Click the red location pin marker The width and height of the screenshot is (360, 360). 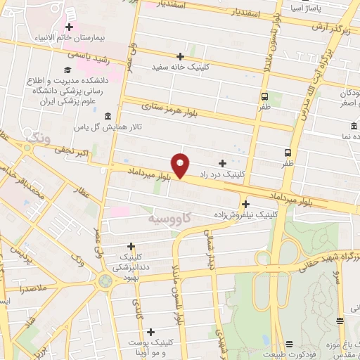[x=181, y=165]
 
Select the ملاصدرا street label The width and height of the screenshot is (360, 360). [x=33, y=289]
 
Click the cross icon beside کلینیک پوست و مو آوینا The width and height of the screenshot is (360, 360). [x=151, y=331]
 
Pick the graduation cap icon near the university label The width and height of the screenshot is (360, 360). [x=67, y=70]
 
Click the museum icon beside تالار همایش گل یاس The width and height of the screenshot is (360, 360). [x=107, y=116]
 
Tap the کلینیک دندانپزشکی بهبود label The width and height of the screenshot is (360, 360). [x=129, y=263]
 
